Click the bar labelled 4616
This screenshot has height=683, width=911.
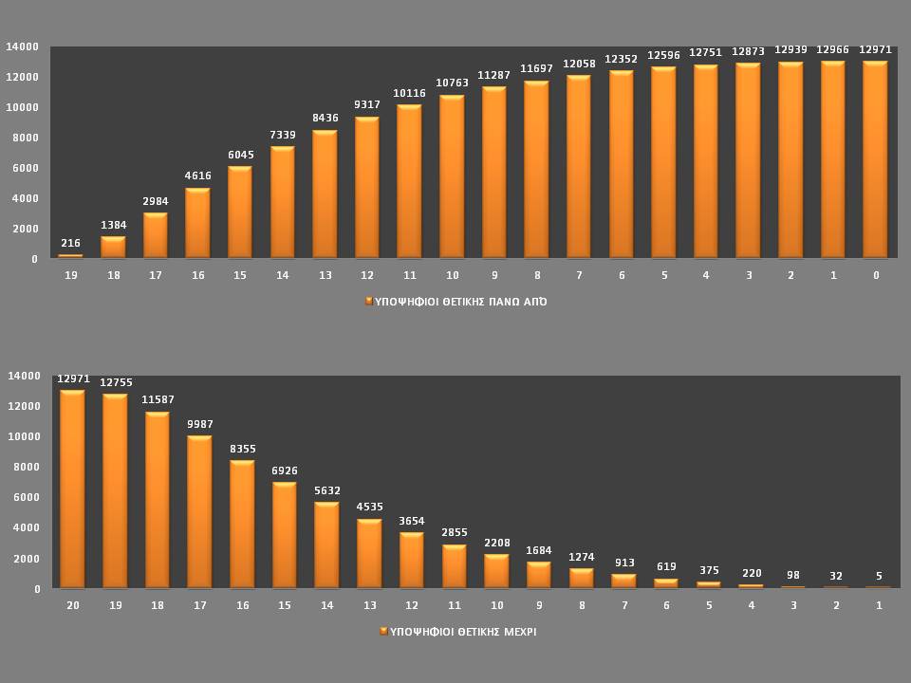(197, 223)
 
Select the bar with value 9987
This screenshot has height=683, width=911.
(199, 512)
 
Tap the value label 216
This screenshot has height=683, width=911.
(70, 244)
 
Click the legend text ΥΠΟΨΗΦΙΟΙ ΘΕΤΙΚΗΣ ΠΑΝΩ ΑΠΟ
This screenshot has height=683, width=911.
(460, 302)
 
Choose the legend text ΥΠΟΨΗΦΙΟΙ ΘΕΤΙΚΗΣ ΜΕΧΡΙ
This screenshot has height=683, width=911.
(463, 631)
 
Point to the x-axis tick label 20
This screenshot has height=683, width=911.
(72, 604)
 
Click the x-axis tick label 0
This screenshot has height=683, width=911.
(876, 275)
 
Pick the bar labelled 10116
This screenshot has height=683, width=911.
(409, 181)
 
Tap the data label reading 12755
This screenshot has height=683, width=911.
(115, 382)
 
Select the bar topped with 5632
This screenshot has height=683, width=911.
(326, 545)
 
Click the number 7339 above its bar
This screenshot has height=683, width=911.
(283, 136)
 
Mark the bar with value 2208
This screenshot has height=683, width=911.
(496, 571)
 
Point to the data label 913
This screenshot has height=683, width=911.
(623, 563)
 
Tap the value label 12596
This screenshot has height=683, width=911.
(663, 55)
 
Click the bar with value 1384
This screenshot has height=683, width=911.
(113, 248)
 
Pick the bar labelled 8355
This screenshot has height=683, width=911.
(242, 525)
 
